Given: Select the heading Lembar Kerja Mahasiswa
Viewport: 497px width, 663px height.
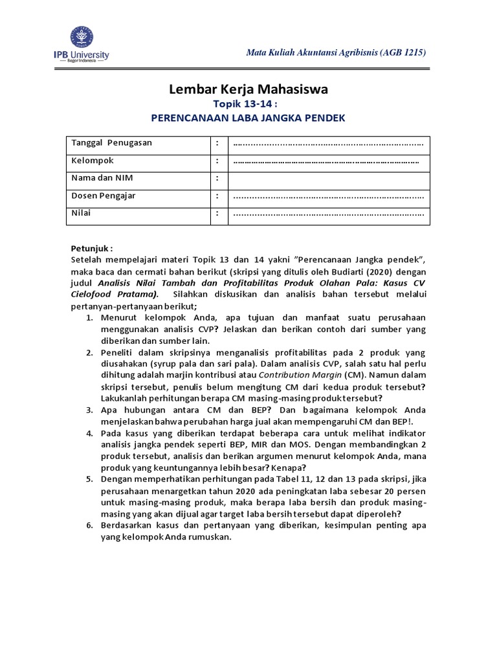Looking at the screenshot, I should (248, 89).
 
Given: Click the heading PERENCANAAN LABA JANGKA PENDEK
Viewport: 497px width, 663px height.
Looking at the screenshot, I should (248, 118).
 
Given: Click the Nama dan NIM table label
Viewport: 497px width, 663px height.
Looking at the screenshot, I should (102, 178).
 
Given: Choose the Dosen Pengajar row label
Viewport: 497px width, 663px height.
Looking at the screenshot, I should (103, 196).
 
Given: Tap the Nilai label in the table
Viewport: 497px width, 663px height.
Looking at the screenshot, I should (81, 213).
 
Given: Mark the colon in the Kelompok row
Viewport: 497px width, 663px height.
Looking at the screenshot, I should (218, 161).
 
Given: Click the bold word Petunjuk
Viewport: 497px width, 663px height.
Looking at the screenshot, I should (91, 248).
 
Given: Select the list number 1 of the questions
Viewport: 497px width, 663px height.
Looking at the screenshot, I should (90, 319).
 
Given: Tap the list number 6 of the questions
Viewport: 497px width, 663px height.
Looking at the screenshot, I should (90, 526).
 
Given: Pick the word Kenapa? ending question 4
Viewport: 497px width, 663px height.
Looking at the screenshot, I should (290, 468).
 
